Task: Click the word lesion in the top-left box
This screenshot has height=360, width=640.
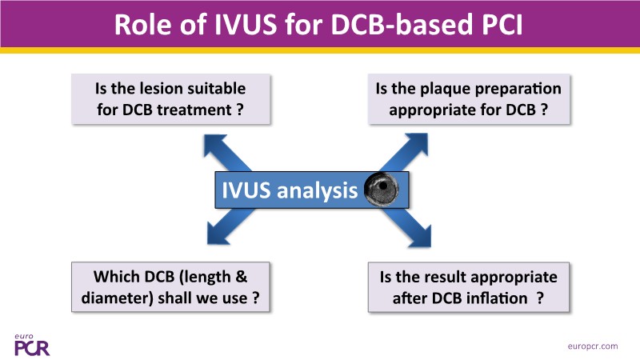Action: pyautogui.click(x=186, y=88)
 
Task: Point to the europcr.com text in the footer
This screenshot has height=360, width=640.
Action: pyautogui.click(x=591, y=346)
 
